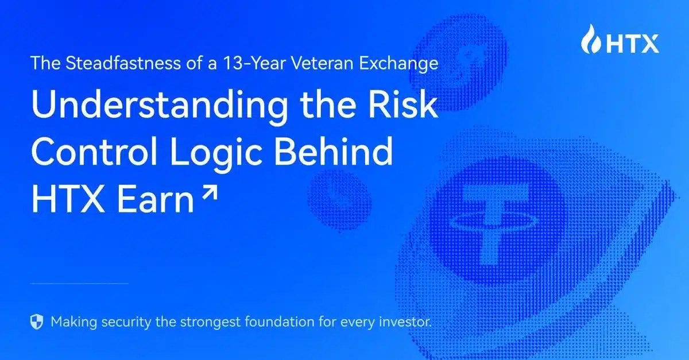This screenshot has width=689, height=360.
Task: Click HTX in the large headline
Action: [63, 199]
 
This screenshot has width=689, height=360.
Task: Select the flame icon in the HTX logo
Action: [589, 40]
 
